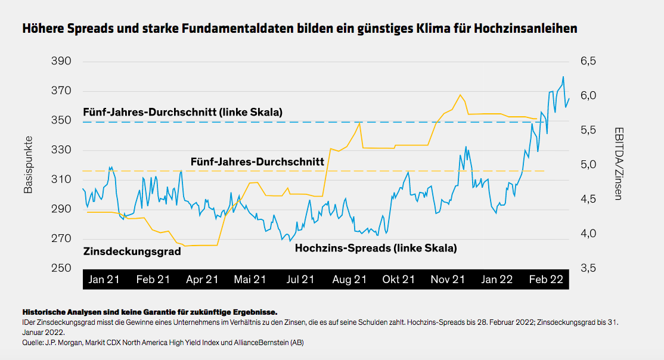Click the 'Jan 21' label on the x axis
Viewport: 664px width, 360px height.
click(x=104, y=279)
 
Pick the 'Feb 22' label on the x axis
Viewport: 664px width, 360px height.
click(x=546, y=279)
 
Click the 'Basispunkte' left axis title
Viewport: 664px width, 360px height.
click(x=28, y=165)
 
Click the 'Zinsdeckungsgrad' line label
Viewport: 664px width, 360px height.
click(x=132, y=252)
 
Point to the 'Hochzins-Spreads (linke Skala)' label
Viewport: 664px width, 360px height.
click(x=376, y=248)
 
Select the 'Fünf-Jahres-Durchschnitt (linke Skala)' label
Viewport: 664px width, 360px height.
click(x=182, y=112)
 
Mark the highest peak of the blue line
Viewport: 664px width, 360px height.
click(x=563, y=77)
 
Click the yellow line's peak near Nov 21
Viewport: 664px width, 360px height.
click(x=460, y=95)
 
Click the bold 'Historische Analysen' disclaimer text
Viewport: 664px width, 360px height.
click(x=66, y=312)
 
